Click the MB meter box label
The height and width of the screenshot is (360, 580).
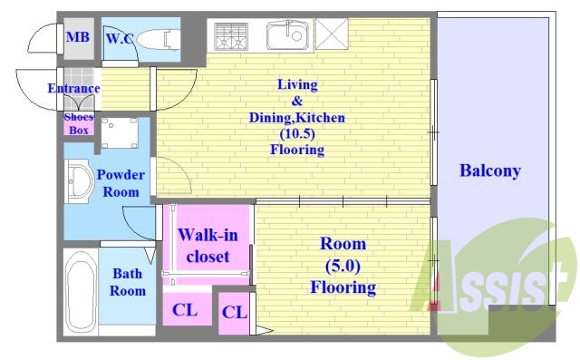[78, 37]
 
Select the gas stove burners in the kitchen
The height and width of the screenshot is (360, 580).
[230, 36]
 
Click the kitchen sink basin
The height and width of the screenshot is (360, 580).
[287, 35]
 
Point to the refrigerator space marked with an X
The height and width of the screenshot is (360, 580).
[332, 34]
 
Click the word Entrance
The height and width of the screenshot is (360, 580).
[73, 89]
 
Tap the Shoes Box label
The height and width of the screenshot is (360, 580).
[79, 123]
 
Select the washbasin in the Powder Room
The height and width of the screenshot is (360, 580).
[80, 181]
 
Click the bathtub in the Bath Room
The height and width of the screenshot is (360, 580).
[81, 292]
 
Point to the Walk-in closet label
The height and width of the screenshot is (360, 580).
[208, 246]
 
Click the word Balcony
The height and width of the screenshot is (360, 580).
[489, 170]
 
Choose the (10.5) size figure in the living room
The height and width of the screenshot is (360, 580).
[297, 133]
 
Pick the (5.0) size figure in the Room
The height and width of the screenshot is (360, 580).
[343, 266]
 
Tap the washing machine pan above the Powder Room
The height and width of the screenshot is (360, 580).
[120, 133]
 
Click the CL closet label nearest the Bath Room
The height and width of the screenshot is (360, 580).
[185, 310]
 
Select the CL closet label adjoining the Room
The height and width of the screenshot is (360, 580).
[234, 313]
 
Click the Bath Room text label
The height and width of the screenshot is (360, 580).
[128, 282]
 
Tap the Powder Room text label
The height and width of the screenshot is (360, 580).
[121, 183]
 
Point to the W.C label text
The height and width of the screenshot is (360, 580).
[119, 38]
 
